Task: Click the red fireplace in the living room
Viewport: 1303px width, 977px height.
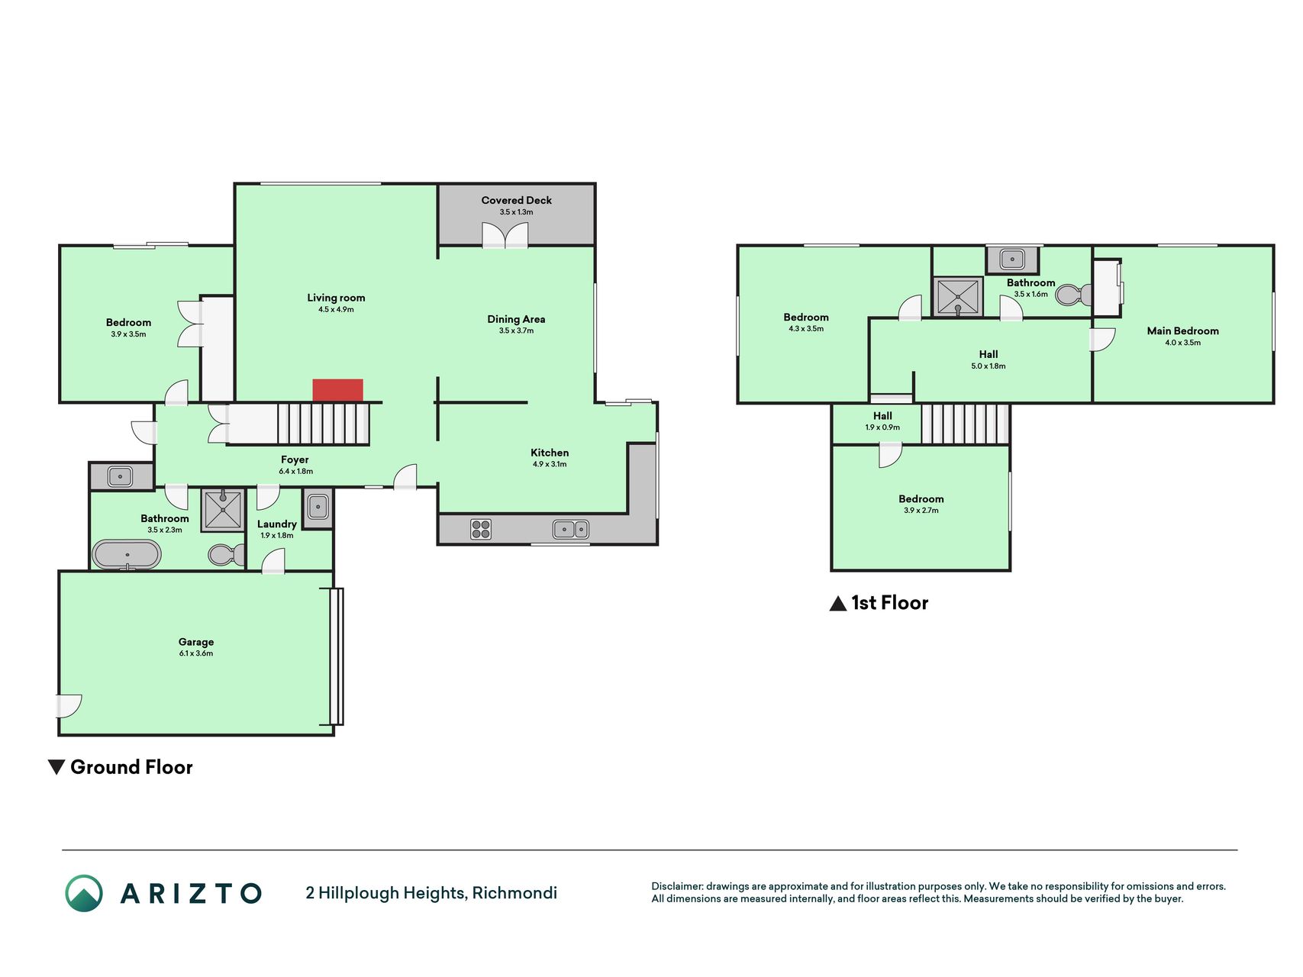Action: (337, 390)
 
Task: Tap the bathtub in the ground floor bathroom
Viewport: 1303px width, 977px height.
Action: (127, 555)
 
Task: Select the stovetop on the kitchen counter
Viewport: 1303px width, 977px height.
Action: (481, 529)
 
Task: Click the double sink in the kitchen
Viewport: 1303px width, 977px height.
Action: (570, 528)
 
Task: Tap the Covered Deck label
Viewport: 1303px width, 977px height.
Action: (516, 200)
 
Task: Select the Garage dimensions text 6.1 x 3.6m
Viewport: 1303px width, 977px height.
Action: (196, 653)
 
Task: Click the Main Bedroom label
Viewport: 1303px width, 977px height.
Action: (1182, 331)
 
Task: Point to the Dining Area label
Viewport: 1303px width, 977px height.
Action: (516, 319)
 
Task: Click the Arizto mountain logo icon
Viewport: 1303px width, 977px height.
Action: (84, 893)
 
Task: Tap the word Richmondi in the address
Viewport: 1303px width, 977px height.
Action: (514, 893)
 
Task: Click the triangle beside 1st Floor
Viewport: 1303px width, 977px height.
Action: (838, 604)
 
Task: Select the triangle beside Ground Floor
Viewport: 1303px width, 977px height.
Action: (56, 767)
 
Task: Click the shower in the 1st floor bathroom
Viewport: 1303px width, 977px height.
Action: (957, 297)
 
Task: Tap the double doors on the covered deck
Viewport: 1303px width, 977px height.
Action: (505, 235)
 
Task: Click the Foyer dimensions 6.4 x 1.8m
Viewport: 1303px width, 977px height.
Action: (295, 472)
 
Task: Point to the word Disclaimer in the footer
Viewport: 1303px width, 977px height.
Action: (676, 886)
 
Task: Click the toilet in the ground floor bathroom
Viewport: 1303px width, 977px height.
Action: (226, 555)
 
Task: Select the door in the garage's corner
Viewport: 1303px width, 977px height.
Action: (69, 706)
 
